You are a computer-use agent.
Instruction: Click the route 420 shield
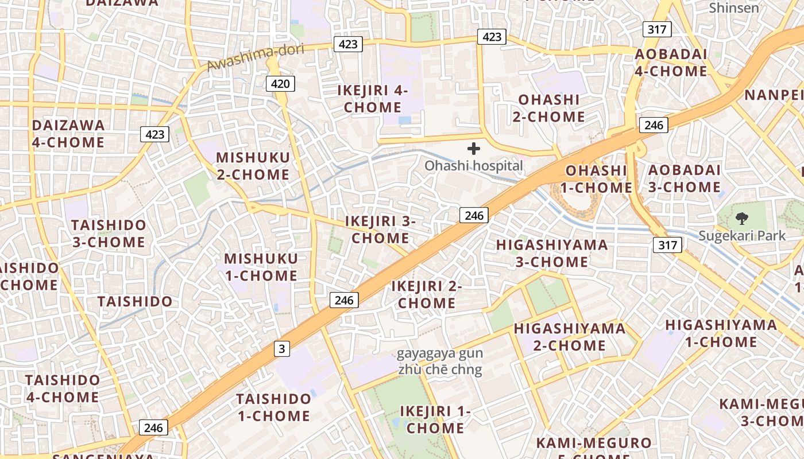point(280,84)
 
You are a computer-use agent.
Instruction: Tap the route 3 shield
point(281,348)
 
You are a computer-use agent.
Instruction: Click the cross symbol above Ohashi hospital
point(474,149)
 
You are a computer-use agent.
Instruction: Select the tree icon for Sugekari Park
point(741,218)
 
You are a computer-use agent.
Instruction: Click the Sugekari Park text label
point(742,236)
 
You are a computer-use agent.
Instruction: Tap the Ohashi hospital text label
point(474,166)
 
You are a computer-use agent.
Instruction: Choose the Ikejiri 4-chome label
point(373,99)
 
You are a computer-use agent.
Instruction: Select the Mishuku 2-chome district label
point(253,166)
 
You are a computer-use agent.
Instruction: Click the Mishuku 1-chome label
point(261,267)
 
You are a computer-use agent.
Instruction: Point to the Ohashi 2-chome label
point(549,108)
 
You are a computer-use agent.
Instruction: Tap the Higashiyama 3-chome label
point(543,253)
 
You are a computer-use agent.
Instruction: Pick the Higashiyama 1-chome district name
point(721,333)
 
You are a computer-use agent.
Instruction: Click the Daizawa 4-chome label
point(68,134)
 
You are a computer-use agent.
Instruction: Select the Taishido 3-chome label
point(109,233)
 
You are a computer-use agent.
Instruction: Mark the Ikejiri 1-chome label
point(435,419)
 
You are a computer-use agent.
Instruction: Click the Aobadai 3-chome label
point(684,178)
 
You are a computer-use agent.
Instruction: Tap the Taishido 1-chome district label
point(273,407)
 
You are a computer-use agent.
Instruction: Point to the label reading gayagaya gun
point(440,353)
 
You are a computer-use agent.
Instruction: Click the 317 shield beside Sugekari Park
point(667,246)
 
